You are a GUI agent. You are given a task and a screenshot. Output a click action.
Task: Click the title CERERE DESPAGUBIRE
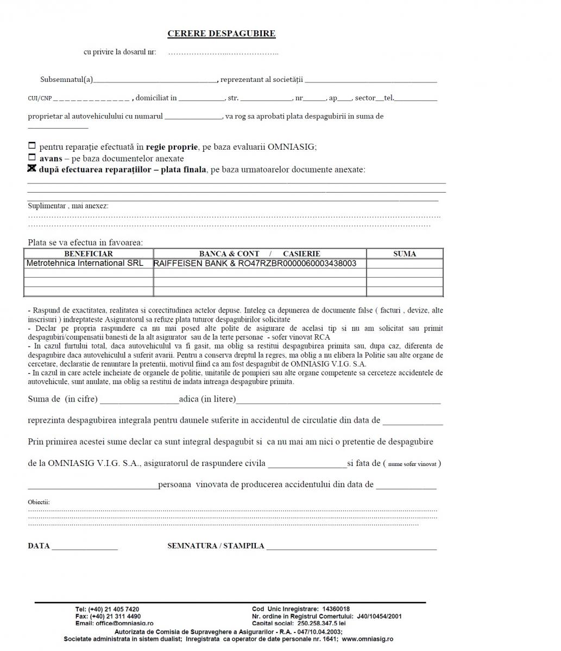pos(221,34)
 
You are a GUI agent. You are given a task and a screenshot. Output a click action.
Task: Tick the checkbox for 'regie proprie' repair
pos(31,146)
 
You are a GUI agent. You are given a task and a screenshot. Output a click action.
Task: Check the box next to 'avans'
pos(31,157)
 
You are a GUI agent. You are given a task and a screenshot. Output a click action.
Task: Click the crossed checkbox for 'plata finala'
pos(31,169)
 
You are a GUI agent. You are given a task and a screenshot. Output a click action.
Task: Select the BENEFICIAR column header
pos(89,254)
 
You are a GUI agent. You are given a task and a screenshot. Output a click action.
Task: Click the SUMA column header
pos(405,254)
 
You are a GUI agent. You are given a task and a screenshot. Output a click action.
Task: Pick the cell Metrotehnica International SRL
pos(85,263)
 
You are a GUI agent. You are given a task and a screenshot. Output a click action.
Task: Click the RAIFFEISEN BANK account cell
pos(255,264)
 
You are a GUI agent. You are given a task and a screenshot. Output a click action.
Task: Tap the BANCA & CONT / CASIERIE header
pos(260,254)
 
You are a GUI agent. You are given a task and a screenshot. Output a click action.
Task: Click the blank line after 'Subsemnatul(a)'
pos(155,80)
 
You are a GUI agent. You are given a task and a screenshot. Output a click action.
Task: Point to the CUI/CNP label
pos(40,99)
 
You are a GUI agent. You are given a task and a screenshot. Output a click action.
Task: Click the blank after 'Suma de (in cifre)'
pos(139,400)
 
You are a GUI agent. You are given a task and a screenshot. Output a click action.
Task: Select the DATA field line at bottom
pos(85,547)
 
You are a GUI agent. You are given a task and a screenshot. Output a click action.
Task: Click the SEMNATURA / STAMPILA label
pos(216,546)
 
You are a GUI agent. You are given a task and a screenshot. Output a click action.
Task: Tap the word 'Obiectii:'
pos(39,502)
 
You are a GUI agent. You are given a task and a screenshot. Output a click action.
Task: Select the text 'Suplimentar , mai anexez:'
pos(68,206)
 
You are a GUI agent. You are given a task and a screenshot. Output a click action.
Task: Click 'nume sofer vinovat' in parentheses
pos(412,464)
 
